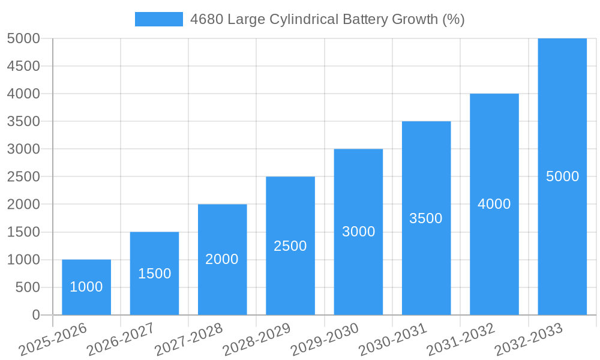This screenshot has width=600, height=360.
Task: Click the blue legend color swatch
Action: point(158,19)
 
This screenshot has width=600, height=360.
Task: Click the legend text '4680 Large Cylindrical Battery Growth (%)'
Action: point(327,19)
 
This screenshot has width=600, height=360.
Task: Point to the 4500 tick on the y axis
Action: point(23,66)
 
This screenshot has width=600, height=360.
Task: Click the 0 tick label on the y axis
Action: point(35,315)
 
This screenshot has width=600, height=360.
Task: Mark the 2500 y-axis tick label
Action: point(23,177)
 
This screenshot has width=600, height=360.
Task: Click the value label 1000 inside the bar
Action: point(86,287)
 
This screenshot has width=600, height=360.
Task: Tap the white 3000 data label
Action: point(358,232)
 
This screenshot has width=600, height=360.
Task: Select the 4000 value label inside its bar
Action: point(494,204)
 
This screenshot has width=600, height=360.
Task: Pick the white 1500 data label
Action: point(154,274)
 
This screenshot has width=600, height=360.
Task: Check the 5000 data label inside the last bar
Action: point(562,176)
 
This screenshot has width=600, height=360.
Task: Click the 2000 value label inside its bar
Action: point(222,259)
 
